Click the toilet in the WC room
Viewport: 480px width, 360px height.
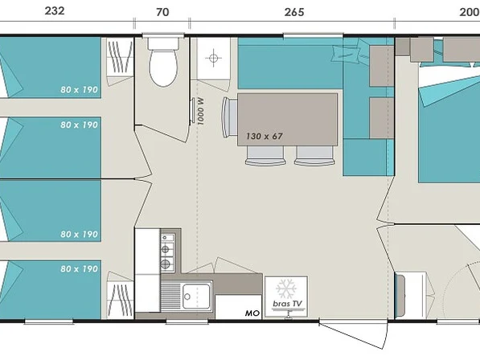(x=163, y=62)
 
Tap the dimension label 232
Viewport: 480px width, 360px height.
(x=55, y=11)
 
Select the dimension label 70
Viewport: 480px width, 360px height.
(x=162, y=12)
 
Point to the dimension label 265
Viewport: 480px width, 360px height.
(x=294, y=12)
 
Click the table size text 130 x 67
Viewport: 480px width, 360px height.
(x=265, y=136)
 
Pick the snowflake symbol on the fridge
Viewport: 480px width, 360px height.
(x=286, y=288)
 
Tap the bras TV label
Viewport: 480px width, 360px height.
(x=287, y=304)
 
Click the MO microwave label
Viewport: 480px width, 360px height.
(x=252, y=313)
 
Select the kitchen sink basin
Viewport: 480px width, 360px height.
(x=196, y=296)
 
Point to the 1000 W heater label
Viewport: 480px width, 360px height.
(x=200, y=112)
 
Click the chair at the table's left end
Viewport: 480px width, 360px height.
(x=230, y=117)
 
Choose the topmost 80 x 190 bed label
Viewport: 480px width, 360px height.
(x=79, y=90)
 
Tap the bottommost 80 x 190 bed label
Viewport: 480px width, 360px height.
(x=79, y=269)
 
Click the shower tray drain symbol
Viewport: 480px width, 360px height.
(x=213, y=58)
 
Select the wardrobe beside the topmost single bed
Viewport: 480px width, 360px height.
(x=121, y=57)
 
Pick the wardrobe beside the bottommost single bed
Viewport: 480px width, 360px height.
(x=121, y=300)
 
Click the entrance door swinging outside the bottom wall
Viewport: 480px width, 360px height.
(x=353, y=334)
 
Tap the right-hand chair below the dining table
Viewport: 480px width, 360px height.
(x=314, y=156)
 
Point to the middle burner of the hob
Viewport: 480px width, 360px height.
(x=166, y=249)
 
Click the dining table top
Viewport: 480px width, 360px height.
(x=288, y=119)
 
